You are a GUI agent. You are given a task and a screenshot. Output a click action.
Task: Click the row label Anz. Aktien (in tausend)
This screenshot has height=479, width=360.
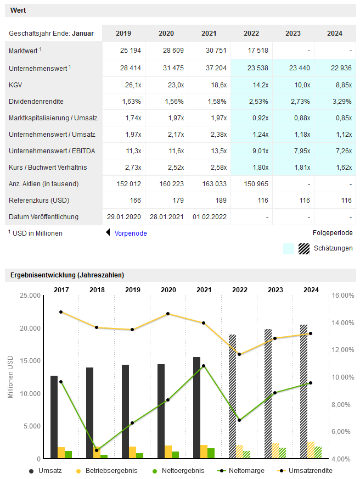click(x=43, y=183)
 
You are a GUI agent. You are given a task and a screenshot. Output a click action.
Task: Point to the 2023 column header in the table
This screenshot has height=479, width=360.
click(x=293, y=34)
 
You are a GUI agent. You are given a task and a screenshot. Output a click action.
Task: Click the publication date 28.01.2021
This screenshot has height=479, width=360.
click(x=166, y=217)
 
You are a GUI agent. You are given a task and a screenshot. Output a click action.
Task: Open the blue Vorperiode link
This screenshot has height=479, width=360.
click(x=131, y=233)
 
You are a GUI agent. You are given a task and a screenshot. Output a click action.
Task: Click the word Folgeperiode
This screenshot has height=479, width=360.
click(x=333, y=233)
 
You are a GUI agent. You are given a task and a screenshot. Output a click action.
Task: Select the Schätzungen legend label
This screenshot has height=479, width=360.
click(x=333, y=248)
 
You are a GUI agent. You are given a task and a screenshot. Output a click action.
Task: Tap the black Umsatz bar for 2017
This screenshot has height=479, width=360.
click(x=54, y=416)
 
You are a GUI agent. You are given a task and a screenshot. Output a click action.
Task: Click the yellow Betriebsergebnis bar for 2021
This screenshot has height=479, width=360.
click(x=204, y=452)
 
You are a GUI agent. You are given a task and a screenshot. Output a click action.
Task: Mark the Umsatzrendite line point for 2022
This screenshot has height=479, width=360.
click(x=239, y=354)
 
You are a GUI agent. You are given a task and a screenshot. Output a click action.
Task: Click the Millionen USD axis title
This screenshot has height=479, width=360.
click(x=10, y=377)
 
